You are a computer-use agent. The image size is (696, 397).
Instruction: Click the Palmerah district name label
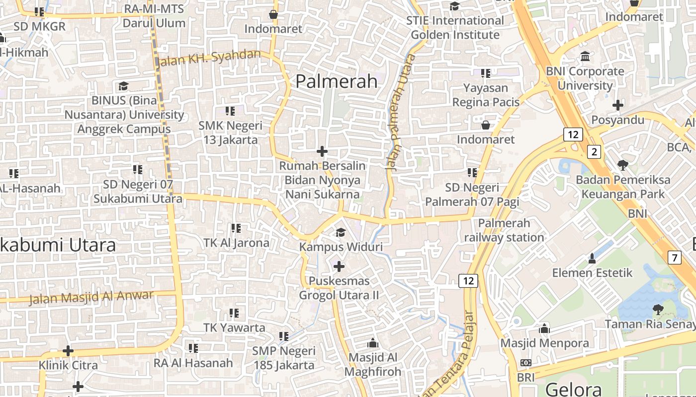point(337,81)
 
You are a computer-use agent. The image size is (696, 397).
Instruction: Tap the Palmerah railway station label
point(504,230)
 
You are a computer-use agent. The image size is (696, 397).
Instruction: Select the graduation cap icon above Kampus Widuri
point(341,232)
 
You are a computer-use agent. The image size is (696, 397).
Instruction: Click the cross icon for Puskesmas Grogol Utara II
point(339,266)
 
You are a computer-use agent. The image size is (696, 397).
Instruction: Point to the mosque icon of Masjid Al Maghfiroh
point(372,343)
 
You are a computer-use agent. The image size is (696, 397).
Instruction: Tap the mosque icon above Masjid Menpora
point(544,329)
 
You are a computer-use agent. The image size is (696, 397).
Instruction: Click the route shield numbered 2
point(594,151)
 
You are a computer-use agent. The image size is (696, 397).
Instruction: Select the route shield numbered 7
point(674,258)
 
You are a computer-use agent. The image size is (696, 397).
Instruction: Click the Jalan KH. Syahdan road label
point(208,58)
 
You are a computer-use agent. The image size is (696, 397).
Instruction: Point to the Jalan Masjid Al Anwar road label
point(91,297)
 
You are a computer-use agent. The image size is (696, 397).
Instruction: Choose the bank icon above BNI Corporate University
point(585,57)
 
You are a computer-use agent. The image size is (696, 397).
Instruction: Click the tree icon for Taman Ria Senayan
point(658,310)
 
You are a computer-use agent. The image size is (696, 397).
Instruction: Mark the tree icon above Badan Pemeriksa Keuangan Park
point(622,165)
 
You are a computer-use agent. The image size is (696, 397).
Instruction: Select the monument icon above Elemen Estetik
point(592,259)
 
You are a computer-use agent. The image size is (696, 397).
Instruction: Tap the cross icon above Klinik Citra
point(68,351)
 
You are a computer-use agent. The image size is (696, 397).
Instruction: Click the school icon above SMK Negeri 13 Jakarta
point(230,111)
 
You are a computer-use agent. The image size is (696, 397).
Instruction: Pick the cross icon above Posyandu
point(618,105)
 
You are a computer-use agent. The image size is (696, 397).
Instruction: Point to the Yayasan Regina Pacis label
point(486,95)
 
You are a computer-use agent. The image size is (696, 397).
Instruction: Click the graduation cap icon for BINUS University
point(123,86)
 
